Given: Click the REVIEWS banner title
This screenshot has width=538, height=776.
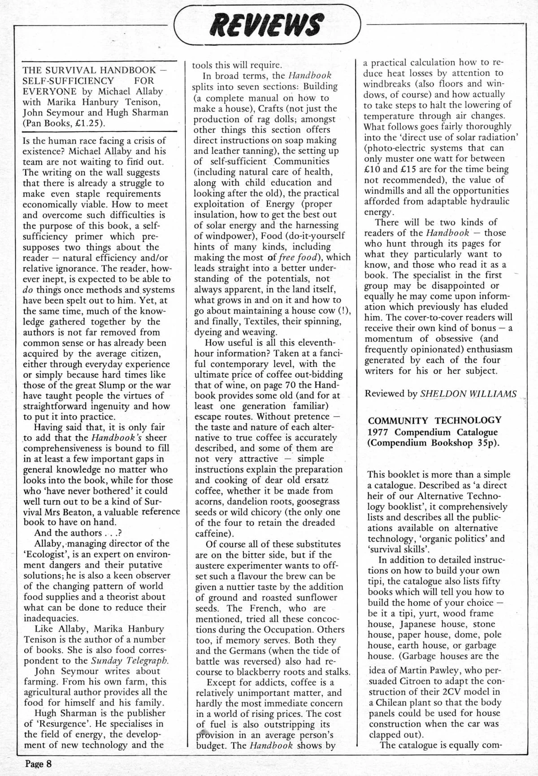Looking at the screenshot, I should [268, 24].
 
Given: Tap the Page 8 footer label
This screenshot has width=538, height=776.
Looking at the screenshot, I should [39, 763].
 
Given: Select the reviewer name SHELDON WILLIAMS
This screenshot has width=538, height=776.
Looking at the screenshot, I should [468, 394].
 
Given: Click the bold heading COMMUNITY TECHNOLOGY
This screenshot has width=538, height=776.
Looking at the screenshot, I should [434, 420].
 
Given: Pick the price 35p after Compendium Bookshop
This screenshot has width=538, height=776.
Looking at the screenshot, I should [486, 443].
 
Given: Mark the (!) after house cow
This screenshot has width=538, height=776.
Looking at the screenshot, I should [345, 311].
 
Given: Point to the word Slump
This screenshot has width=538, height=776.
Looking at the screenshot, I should [101, 385].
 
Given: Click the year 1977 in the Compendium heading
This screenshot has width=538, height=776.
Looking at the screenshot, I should [379, 432].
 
